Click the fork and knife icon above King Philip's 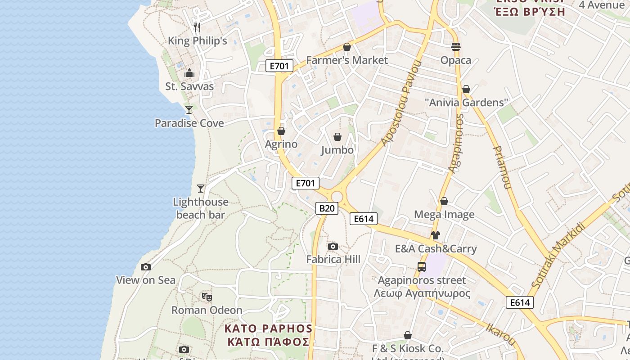click(197, 27)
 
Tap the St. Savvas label click(189, 86)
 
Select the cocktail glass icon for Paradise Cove click(189, 109)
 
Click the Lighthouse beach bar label click(201, 208)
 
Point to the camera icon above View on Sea click(146, 267)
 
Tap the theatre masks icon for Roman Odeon click(207, 297)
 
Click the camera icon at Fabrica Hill click(333, 246)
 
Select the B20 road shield click(327, 208)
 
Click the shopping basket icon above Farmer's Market click(347, 47)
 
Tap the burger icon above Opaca click(456, 47)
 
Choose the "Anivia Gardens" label click(466, 103)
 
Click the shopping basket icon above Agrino click(281, 131)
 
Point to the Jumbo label click(337, 150)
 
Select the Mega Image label click(444, 215)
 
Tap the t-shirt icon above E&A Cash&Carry click(435, 235)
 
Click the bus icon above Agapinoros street click(422, 266)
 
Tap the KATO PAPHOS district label click(268, 335)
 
